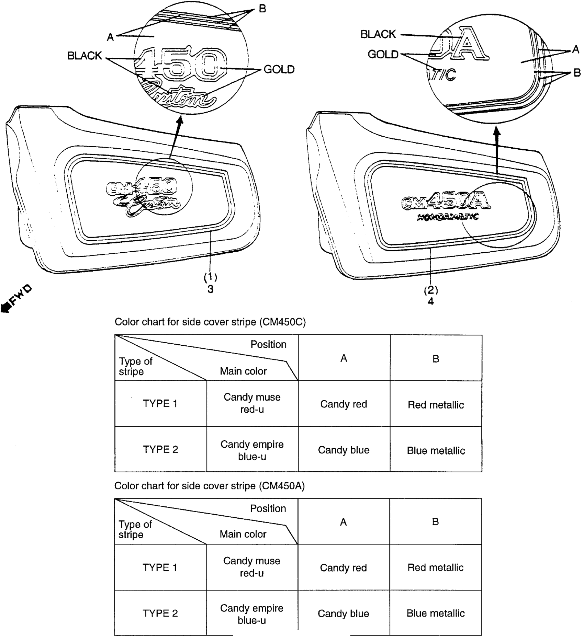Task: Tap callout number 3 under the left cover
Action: coord(210,289)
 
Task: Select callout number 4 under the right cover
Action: coord(430,301)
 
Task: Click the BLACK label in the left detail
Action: coord(85,56)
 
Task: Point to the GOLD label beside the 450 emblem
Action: coord(279,69)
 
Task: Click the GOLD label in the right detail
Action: coord(383,54)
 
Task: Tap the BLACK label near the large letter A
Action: coord(378,34)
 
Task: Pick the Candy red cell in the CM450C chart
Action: coord(344,404)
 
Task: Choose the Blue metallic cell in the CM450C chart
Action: coord(436,450)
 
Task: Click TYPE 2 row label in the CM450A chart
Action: coord(160,613)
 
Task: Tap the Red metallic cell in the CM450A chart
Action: coord(435,567)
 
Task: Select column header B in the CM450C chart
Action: coord(436,359)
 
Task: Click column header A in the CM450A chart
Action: coord(343,522)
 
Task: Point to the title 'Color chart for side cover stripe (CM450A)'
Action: coord(209,486)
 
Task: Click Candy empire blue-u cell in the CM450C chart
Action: coord(252,450)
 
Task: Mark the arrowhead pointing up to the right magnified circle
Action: coord(497,131)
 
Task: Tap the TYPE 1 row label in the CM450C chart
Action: coord(160,403)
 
